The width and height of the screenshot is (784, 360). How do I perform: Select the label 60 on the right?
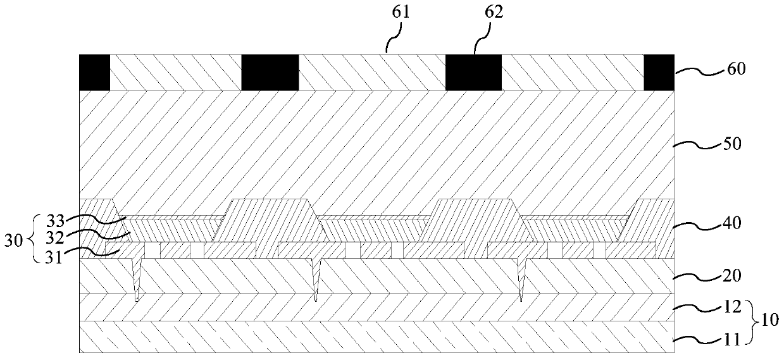click(x=735, y=68)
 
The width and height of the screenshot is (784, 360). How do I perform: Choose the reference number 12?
click(x=733, y=308)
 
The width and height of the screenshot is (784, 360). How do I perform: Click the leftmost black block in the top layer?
click(x=94, y=72)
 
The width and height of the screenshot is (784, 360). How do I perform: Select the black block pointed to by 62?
click(x=473, y=72)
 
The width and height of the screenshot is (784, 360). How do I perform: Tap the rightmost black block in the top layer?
click(x=659, y=72)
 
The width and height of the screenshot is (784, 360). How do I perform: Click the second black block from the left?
click(x=270, y=72)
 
